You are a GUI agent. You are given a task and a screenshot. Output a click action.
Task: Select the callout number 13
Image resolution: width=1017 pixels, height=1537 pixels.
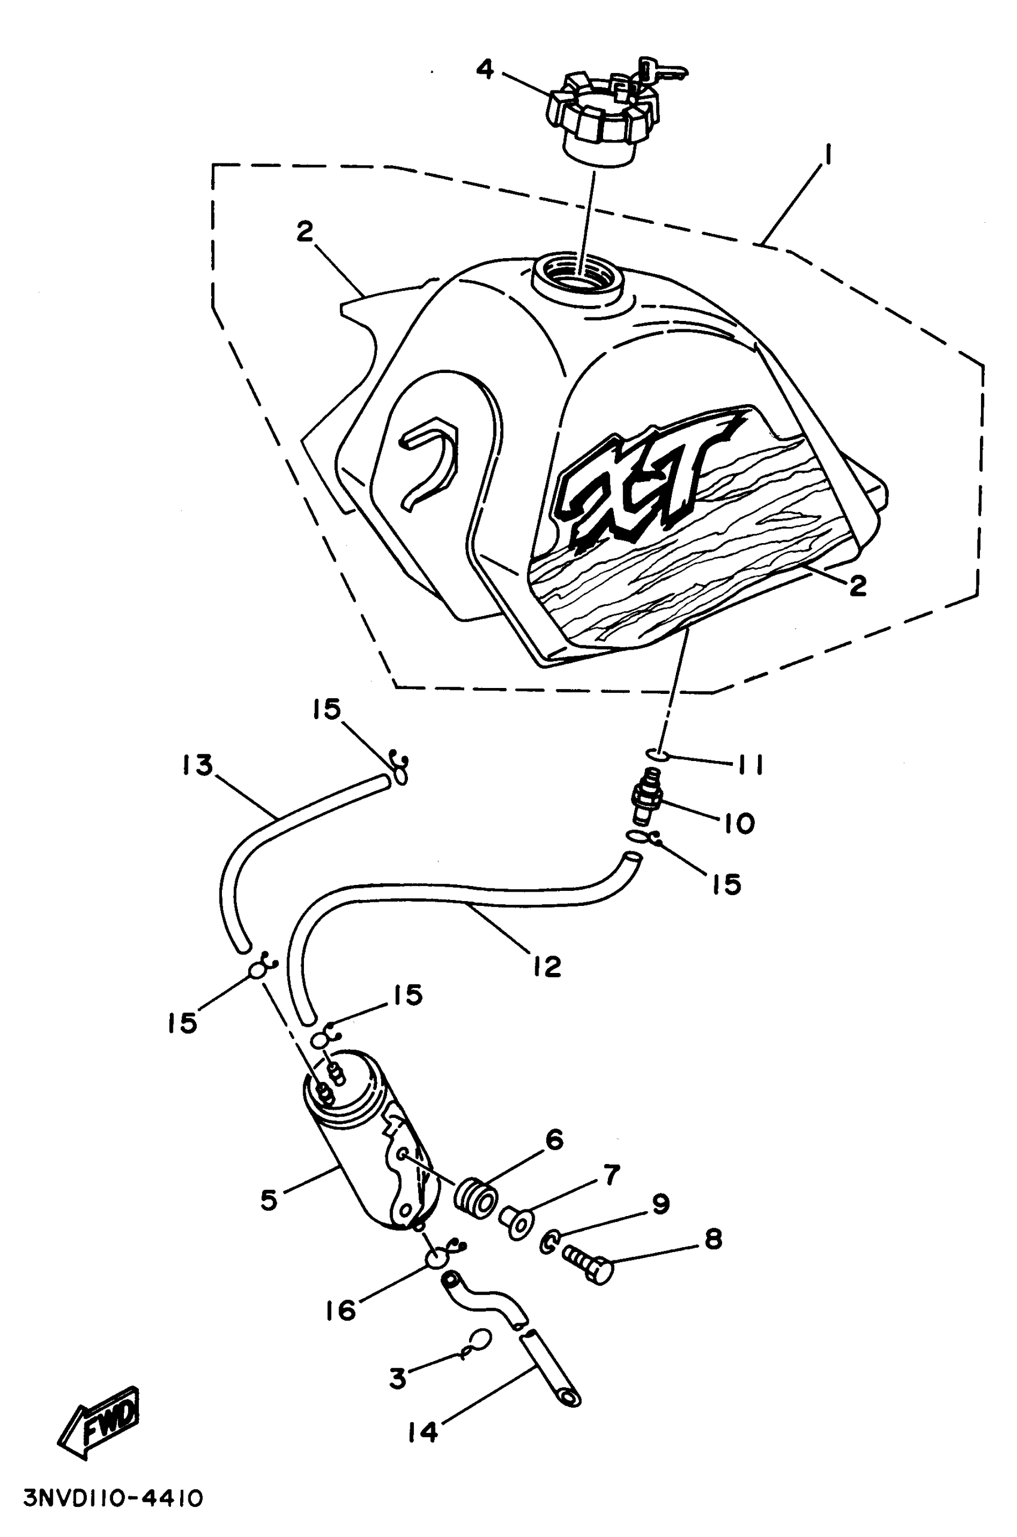pos(198,766)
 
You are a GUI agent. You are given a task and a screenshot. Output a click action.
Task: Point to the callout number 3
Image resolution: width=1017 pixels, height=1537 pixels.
pos(398,1378)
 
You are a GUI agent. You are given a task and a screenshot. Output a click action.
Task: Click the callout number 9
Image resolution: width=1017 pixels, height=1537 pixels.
pos(660,1205)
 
